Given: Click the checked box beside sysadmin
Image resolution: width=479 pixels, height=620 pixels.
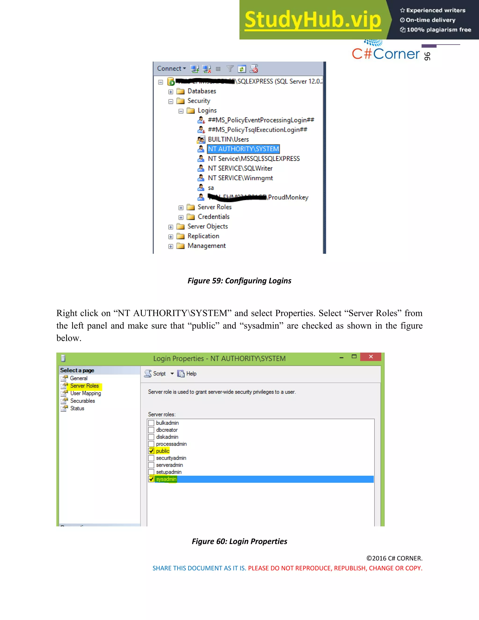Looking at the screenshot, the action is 151,479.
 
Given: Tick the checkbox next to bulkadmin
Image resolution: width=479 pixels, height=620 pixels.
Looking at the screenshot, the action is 151,423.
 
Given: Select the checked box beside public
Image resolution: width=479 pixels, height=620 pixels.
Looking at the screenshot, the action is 151,451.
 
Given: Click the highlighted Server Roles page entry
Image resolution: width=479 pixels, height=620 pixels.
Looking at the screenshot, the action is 84,386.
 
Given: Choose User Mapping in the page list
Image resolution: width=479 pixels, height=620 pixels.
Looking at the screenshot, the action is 85,394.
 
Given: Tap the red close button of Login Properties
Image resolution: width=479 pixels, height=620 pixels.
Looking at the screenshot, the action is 371,357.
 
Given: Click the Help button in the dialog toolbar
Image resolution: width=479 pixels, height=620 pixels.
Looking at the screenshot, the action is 187,374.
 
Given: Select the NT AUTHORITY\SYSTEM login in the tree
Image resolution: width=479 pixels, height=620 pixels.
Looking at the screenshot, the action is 243,149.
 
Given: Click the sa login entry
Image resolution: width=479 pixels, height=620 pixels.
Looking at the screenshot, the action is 210,188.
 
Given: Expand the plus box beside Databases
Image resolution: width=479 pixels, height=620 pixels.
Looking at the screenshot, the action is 171,92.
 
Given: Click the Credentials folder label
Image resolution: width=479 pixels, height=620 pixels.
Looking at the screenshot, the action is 213,217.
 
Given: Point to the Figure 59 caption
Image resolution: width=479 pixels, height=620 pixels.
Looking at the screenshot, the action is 239,281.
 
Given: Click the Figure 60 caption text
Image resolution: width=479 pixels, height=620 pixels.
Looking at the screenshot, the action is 239,541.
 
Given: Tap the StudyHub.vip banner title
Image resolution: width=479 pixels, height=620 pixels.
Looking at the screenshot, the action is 313,20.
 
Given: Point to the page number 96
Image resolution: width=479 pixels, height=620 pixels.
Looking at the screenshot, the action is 427,56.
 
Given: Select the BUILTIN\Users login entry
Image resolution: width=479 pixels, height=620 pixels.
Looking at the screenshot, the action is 228,139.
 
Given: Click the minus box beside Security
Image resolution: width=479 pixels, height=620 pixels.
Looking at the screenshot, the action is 171,101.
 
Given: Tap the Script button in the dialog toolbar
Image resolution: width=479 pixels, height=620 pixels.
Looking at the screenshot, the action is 156,374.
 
